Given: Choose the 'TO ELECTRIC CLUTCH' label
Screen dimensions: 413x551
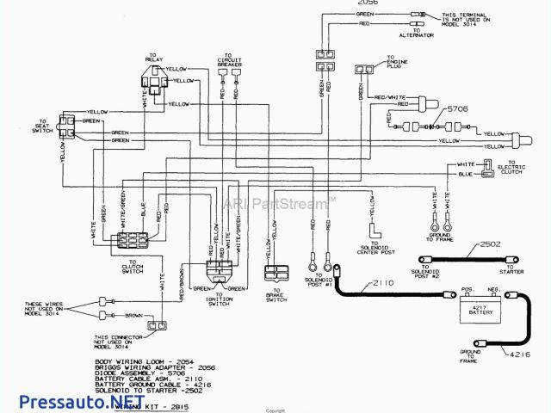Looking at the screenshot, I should (517, 168).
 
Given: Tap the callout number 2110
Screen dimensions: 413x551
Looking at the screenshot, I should (384, 283).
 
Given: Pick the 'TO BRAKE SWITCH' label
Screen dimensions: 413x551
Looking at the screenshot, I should (275, 294).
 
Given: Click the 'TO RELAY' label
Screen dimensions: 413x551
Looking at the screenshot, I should (154, 57).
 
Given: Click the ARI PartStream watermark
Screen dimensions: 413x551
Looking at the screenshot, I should (278, 204).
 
